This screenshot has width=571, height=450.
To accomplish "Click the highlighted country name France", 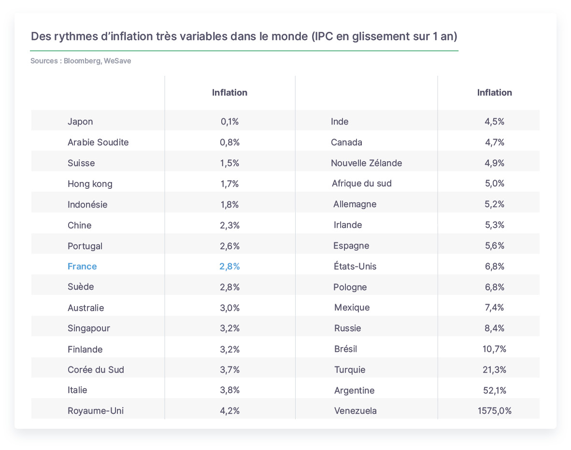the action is click(x=82, y=267).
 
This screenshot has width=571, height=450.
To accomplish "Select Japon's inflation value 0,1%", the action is click(x=230, y=122).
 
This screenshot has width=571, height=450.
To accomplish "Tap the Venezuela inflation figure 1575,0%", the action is click(x=495, y=411).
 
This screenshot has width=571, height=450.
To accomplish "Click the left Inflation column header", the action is click(x=230, y=93).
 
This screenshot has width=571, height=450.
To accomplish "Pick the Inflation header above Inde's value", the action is click(x=495, y=93).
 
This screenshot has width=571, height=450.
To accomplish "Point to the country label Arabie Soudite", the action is click(x=98, y=142).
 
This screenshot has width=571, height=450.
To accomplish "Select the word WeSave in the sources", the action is click(x=117, y=61).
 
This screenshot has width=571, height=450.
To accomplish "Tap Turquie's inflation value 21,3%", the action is click(x=495, y=369).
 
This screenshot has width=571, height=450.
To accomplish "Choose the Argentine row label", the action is click(x=354, y=391).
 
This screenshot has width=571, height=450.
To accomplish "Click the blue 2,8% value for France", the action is click(x=230, y=267).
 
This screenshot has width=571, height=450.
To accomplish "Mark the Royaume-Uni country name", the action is click(x=96, y=411).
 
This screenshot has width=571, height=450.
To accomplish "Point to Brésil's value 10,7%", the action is click(x=495, y=349).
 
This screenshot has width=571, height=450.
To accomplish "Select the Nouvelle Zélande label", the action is click(x=366, y=163).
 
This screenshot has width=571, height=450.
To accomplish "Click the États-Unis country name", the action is click(x=355, y=266).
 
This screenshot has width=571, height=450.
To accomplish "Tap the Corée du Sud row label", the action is click(x=96, y=369).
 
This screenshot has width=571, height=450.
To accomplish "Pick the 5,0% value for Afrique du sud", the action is click(x=495, y=183).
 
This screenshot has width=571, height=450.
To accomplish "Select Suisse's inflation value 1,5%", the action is click(x=230, y=163).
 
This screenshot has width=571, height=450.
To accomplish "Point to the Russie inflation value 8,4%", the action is click(x=495, y=328).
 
